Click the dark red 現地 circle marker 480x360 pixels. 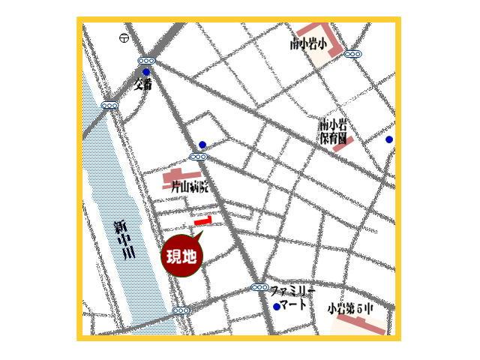click(x=181, y=257)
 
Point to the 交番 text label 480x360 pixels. click(x=143, y=84)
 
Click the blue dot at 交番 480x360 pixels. click(x=146, y=72)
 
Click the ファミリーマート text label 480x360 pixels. click(x=292, y=297)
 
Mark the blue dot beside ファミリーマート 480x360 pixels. click(x=277, y=307)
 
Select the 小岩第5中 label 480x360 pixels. click(x=349, y=308)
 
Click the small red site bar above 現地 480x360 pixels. click(x=203, y=220)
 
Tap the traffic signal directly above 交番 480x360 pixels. click(x=146, y=61)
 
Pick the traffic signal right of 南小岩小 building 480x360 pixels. click(x=352, y=54)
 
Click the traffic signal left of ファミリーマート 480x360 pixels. click(x=259, y=287)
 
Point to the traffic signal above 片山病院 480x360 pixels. click(x=198, y=157)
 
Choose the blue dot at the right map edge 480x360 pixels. click(x=388, y=139)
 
